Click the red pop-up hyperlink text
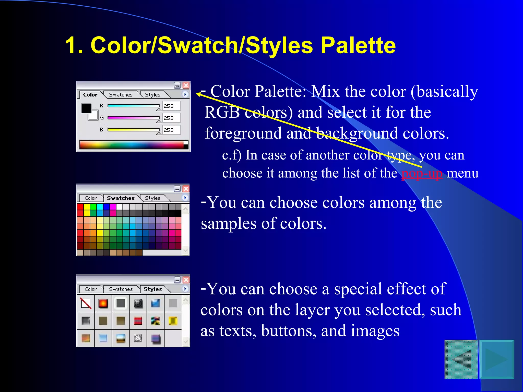pyautogui.click(x=422, y=174)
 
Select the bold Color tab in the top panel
pyautogui.click(x=90, y=95)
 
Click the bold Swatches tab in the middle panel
pyautogui.click(x=121, y=198)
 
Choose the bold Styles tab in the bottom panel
pyautogui.click(x=152, y=289)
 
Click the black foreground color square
pyautogui.click(x=86, y=108)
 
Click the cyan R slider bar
pyautogui.click(x=133, y=106)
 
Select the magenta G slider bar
pyautogui.click(x=133, y=118)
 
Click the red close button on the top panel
pyautogui.click(x=186, y=85)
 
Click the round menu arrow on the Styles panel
pyautogui.click(x=185, y=289)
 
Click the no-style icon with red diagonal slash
pyautogui.click(x=86, y=303)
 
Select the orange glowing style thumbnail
pyautogui.click(x=103, y=303)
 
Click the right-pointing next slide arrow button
pyautogui.click(x=497, y=359)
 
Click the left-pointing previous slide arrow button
pyautogui.click(x=461, y=359)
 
